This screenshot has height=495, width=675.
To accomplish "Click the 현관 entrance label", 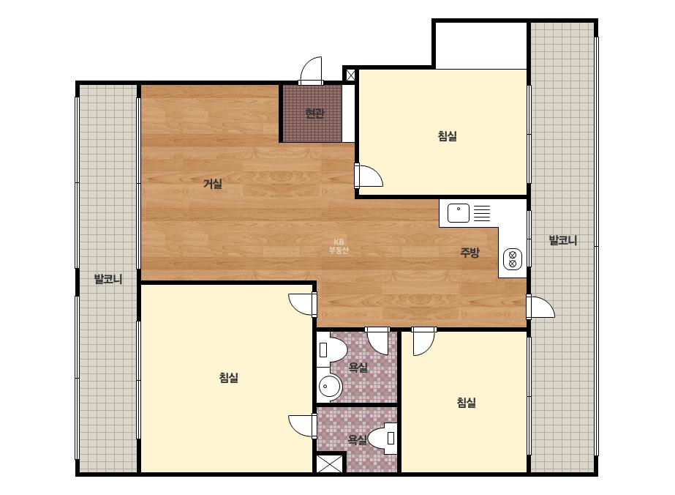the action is coord(314,113).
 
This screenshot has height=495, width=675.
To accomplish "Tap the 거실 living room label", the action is coord(213,184).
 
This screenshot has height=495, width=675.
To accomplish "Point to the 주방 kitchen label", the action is coord(470,253).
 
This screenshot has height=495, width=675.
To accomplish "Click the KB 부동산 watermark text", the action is coord(339,246).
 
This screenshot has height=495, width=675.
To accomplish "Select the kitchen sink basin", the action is coord(459,213).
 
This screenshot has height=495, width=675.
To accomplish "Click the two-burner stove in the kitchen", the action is coord(513,258).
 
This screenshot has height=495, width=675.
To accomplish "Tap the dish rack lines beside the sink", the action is coord(482,213).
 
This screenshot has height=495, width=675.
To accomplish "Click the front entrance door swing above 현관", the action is coord(311,70).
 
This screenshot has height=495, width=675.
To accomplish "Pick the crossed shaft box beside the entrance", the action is coord(351,75).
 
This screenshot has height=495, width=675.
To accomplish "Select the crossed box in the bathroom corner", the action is coord(329,464).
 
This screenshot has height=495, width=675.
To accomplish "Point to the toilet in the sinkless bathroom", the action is coord(384,438).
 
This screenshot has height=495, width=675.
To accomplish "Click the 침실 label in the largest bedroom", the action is coord(229,378).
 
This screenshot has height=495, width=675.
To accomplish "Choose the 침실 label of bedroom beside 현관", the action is coord(448,136).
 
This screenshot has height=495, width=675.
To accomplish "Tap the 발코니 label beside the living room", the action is coord(108,280).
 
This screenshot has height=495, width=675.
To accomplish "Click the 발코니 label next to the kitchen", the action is coord(562,241).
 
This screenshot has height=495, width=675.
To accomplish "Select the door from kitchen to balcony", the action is coord(540,307).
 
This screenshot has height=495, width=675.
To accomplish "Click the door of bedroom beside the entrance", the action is coord(369,176).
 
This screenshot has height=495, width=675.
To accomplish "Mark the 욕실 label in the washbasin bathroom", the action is coord(358,368).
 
